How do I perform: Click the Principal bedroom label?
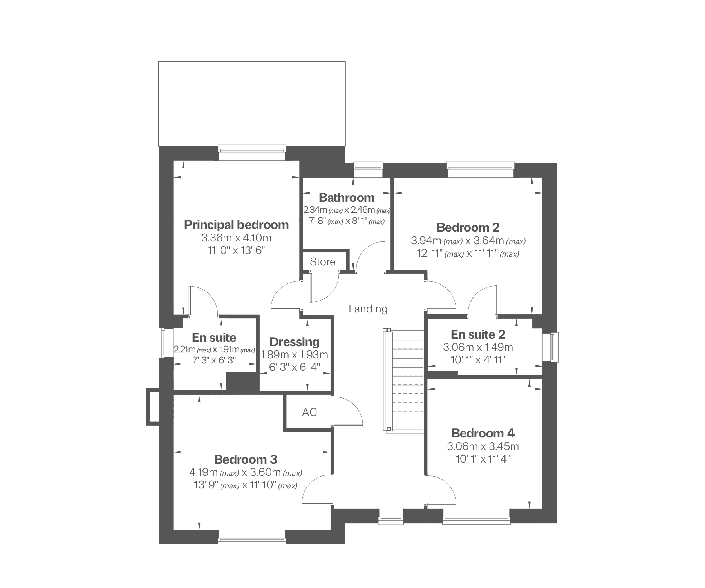(236, 225)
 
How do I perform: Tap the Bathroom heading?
(347, 198)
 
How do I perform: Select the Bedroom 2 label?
(468, 227)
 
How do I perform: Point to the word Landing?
(368, 309)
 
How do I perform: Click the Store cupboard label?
(322, 262)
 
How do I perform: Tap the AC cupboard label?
(309, 412)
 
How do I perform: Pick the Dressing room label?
(295, 342)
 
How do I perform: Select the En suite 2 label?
(478, 334)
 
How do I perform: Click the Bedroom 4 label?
(483, 433)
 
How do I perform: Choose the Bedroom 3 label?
(246, 459)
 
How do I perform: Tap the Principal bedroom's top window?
(252, 152)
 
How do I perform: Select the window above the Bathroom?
(368, 169)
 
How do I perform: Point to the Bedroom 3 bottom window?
(252, 538)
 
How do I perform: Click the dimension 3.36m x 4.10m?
(236, 238)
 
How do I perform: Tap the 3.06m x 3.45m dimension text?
(483, 446)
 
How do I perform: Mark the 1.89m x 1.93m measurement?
(295, 355)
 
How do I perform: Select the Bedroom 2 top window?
(481, 169)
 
